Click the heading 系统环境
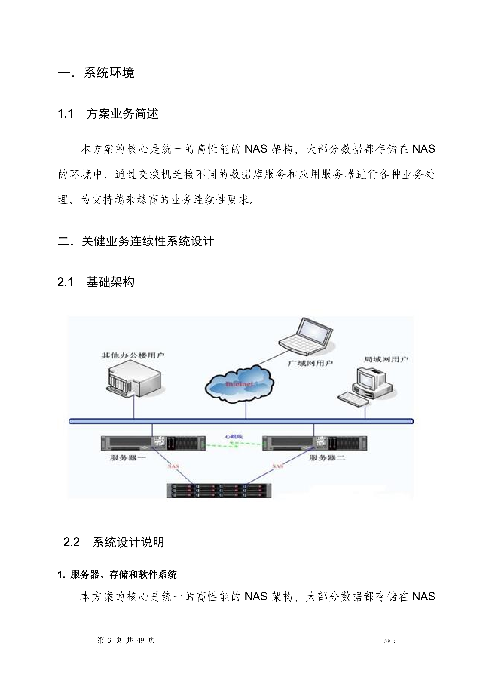pos(109,73)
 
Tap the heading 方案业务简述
pos(122,114)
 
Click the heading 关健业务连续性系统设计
pos(148,241)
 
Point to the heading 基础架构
pos(110,282)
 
